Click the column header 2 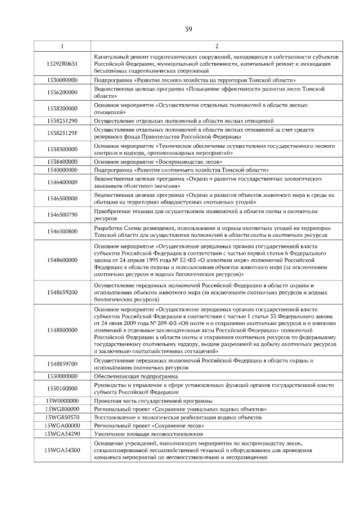pyautogui.click(x=216, y=46)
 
